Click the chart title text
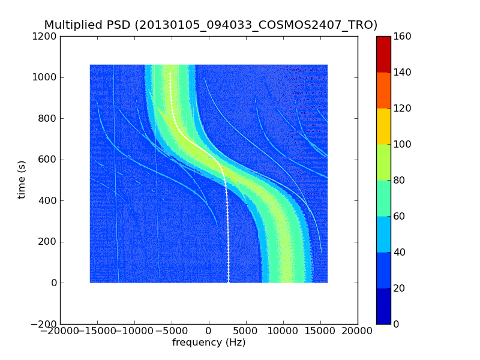pos(211,25)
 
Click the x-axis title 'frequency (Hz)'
pos(209,343)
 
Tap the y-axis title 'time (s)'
pos(22,179)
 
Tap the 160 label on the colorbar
pos(404,37)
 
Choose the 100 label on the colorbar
pos(404,145)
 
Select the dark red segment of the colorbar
pos(383,54)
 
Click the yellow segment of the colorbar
pos(383,126)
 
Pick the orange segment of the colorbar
pos(383,90)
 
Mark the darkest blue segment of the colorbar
pos(383,306)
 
